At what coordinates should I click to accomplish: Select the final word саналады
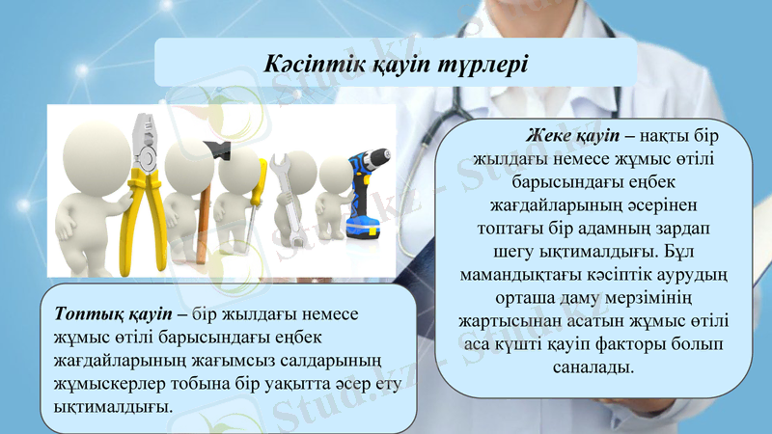(594, 366)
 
